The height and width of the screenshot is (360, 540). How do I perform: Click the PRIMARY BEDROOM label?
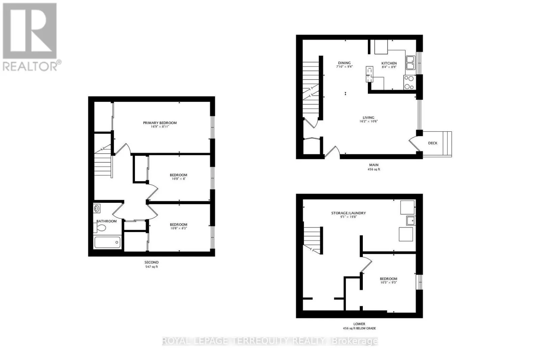point(160,123)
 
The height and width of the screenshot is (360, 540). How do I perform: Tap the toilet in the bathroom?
point(101,228)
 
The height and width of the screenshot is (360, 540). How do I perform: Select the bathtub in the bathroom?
point(107,242)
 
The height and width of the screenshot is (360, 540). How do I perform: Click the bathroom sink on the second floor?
point(97,209)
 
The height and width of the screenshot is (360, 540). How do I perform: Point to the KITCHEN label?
point(389,63)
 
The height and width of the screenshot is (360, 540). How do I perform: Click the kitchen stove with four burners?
point(409,82)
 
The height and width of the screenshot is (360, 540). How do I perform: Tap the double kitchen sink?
point(410,62)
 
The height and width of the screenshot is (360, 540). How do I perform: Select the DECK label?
point(432,143)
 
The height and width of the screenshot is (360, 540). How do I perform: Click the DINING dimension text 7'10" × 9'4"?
point(344,67)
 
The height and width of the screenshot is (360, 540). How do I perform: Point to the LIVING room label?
point(368,118)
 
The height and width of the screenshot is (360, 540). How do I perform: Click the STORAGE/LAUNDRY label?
point(348,213)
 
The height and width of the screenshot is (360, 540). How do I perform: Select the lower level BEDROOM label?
point(388,279)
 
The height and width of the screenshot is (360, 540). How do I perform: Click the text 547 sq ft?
point(151,267)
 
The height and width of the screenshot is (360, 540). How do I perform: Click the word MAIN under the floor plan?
point(373,165)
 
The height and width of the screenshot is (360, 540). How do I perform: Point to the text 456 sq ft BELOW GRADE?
point(359,328)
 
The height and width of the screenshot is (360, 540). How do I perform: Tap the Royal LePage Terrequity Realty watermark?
point(270,341)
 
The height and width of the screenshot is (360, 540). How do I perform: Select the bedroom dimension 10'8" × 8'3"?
point(178,228)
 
